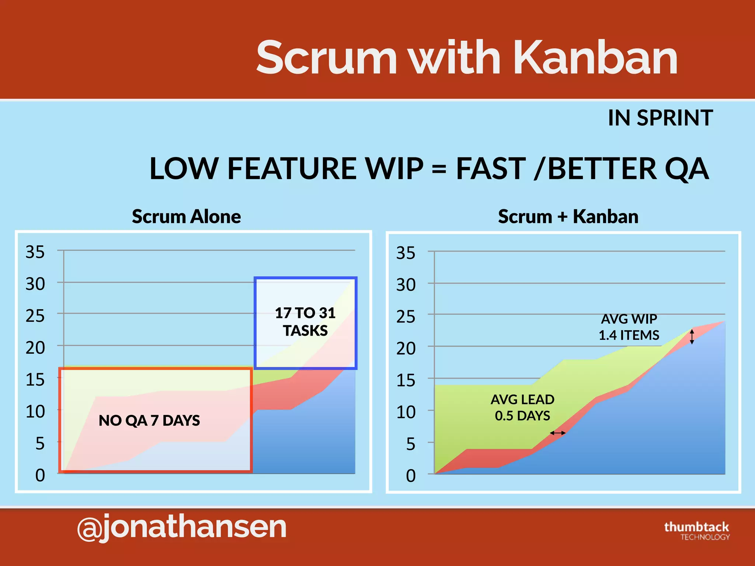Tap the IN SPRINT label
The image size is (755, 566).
pyautogui.click(x=660, y=118)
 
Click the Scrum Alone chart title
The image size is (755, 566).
pyautogui.click(x=186, y=216)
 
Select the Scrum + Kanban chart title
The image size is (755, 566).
pyautogui.click(x=568, y=216)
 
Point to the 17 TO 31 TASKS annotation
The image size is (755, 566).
pyautogui.click(x=305, y=322)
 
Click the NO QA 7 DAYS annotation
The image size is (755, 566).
pyautogui.click(x=149, y=420)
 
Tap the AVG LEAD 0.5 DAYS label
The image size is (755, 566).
pyautogui.click(x=522, y=408)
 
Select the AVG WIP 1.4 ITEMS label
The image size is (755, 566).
pyautogui.click(x=629, y=327)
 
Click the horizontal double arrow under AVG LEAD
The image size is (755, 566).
pyautogui.click(x=557, y=433)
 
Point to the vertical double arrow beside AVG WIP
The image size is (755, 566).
pyautogui.click(x=692, y=337)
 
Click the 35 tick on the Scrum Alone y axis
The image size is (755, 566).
pyautogui.click(x=35, y=252)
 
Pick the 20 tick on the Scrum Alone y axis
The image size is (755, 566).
pyautogui.click(x=35, y=348)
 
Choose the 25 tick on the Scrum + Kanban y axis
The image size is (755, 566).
pyautogui.click(x=406, y=317)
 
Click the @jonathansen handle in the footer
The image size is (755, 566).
pyautogui.click(x=182, y=527)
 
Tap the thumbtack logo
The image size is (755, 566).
pyautogui.click(x=696, y=527)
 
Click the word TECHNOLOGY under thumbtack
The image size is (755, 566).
pyautogui.click(x=705, y=537)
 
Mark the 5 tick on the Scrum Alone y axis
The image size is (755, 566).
pyautogui.click(x=40, y=444)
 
